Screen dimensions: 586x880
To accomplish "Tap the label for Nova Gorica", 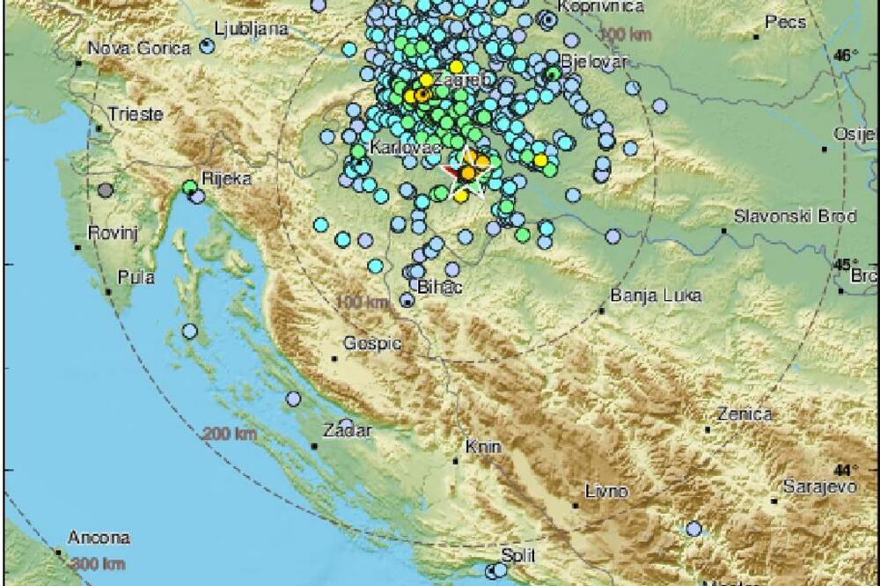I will click(123, 48).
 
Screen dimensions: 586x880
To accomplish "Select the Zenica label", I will click(744, 414).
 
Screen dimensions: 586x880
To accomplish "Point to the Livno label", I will click(607, 491).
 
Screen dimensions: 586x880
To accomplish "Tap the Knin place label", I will click(485, 447).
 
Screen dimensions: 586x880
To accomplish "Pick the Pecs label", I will click(786, 22).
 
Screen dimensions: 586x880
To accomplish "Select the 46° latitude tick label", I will click(845, 55).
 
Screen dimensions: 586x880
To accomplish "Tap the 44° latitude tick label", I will click(845, 470).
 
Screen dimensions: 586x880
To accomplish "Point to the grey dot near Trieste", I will click(106, 189).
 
